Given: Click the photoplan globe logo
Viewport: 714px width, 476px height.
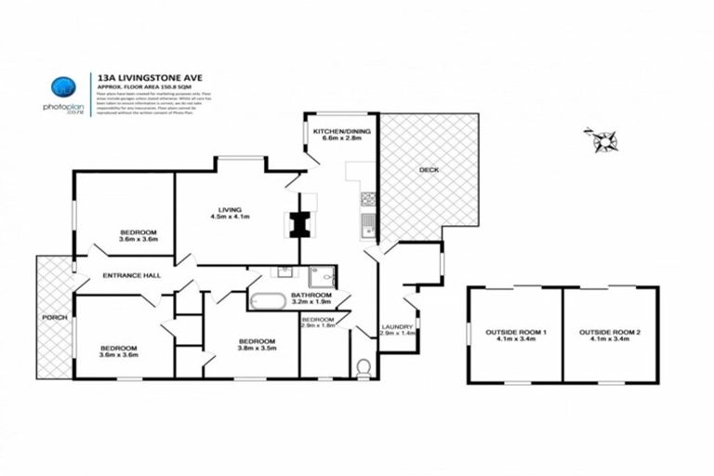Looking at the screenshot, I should click(x=62, y=86).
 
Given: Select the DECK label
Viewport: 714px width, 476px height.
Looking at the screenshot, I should click(x=429, y=170).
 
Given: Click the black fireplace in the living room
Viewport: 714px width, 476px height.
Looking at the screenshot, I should click(x=299, y=223).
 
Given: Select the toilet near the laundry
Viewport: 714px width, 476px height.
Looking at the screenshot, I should click(x=364, y=366).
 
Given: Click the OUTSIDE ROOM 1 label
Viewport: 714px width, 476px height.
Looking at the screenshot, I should click(x=515, y=332).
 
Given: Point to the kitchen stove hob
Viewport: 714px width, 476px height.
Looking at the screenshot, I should click(x=368, y=197).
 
